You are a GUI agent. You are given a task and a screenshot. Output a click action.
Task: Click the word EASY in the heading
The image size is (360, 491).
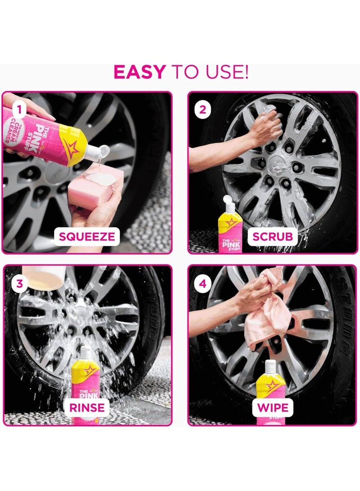139,72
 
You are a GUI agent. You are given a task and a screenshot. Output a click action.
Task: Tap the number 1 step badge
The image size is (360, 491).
18,108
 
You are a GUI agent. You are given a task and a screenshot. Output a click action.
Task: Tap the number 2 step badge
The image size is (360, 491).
203,108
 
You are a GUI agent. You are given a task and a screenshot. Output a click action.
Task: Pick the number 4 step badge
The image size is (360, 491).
203,284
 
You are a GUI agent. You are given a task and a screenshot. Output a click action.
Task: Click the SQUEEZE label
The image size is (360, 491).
87,236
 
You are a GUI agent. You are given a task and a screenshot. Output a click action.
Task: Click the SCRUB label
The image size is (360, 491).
272,236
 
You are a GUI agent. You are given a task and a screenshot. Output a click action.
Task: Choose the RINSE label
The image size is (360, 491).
87,408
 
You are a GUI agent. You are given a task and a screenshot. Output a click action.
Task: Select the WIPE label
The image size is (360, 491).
272,408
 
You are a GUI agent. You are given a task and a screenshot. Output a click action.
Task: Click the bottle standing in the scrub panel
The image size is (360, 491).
230,225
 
